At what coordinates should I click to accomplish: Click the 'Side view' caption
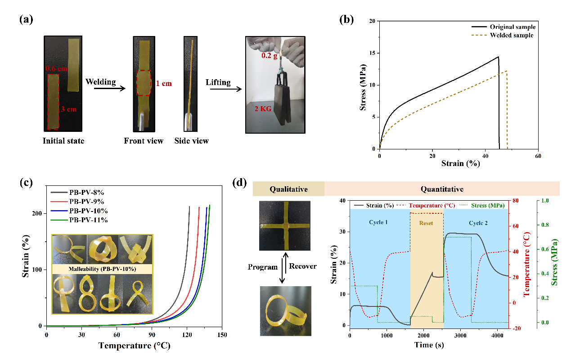coord(192,141)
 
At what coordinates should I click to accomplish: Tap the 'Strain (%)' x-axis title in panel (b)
coord(459,163)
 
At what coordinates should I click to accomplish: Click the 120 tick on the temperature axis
coord(187,335)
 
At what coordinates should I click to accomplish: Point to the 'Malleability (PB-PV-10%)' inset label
coord(102,269)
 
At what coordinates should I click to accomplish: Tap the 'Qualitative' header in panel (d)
coord(288,189)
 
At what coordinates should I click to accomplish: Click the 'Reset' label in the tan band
coord(426,223)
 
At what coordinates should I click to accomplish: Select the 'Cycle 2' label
coord(478,223)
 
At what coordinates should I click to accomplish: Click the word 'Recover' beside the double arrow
coord(303,266)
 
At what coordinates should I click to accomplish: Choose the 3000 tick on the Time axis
coord(460,335)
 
